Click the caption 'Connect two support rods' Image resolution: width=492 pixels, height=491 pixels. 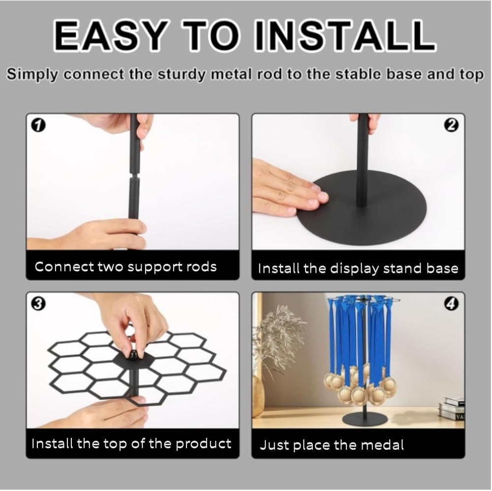[125, 267]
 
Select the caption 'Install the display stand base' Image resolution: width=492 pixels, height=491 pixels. [358, 268]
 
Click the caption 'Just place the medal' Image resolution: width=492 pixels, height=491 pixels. [332, 445]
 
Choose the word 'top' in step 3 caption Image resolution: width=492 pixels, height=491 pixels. [115, 443]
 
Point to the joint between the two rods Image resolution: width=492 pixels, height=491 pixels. [133, 175]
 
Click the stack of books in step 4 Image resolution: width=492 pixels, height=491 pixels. [453, 408]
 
